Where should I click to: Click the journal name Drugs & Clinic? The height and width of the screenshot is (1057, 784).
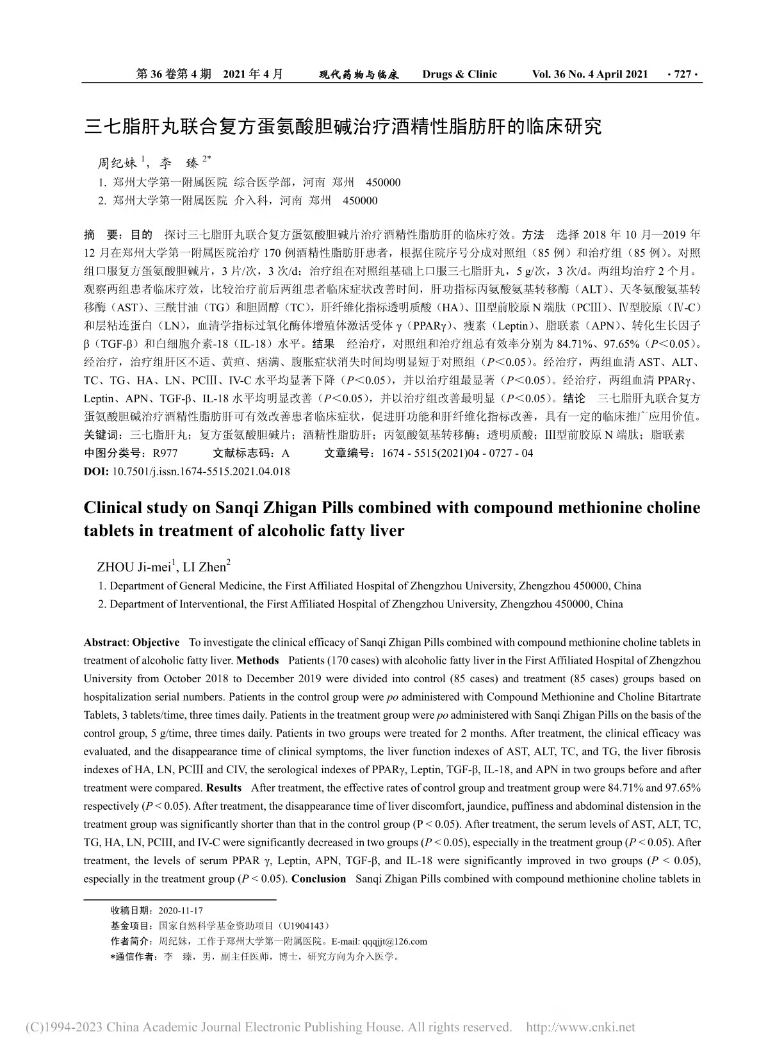click(x=459, y=74)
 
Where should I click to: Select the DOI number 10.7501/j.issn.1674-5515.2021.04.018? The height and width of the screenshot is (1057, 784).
click(x=201, y=471)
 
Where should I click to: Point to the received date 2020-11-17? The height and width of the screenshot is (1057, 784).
click(x=180, y=910)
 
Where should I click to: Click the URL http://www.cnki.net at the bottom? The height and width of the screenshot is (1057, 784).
click(x=580, y=1028)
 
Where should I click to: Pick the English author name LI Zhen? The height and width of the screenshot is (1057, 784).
click(x=205, y=567)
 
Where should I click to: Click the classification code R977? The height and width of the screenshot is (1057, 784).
click(x=165, y=454)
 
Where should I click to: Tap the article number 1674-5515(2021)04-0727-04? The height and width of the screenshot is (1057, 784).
click(x=457, y=454)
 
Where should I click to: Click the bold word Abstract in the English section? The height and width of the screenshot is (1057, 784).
click(x=105, y=643)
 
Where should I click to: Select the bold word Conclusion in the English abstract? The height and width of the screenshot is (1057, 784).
click(x=318, y=879)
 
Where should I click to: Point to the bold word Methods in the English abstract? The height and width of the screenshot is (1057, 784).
click(x=257, y=660)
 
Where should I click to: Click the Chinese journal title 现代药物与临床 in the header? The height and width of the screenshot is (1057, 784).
click(x=359, y=75)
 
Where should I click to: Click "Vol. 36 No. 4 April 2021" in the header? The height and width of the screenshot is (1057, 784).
click(x=590, y=74)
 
